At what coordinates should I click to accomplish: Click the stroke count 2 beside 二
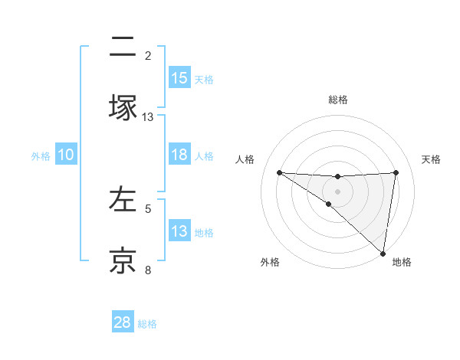tap(148, 55)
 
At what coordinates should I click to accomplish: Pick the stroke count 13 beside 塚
tap(148, 116)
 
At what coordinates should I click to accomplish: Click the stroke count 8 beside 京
tap(148, 270)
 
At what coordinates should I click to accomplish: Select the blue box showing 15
tap(179, 78)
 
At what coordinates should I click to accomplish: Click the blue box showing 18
tap(179, 155)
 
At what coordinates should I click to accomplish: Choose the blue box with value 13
tap(179, 231)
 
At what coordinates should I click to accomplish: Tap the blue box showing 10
tap(66, 155)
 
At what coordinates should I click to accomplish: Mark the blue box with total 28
tap(123, 322)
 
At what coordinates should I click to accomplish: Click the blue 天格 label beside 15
tap(204, 79)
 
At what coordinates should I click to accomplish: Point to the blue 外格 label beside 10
tap(41, 155)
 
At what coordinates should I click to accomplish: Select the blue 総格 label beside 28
tap(147, 323)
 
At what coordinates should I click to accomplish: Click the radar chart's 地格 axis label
tap(402, 262)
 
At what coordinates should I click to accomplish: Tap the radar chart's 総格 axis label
tap(338, 100)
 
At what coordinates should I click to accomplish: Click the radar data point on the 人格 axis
tap(279, 172)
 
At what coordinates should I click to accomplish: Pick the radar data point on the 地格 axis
tap(383, 254)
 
